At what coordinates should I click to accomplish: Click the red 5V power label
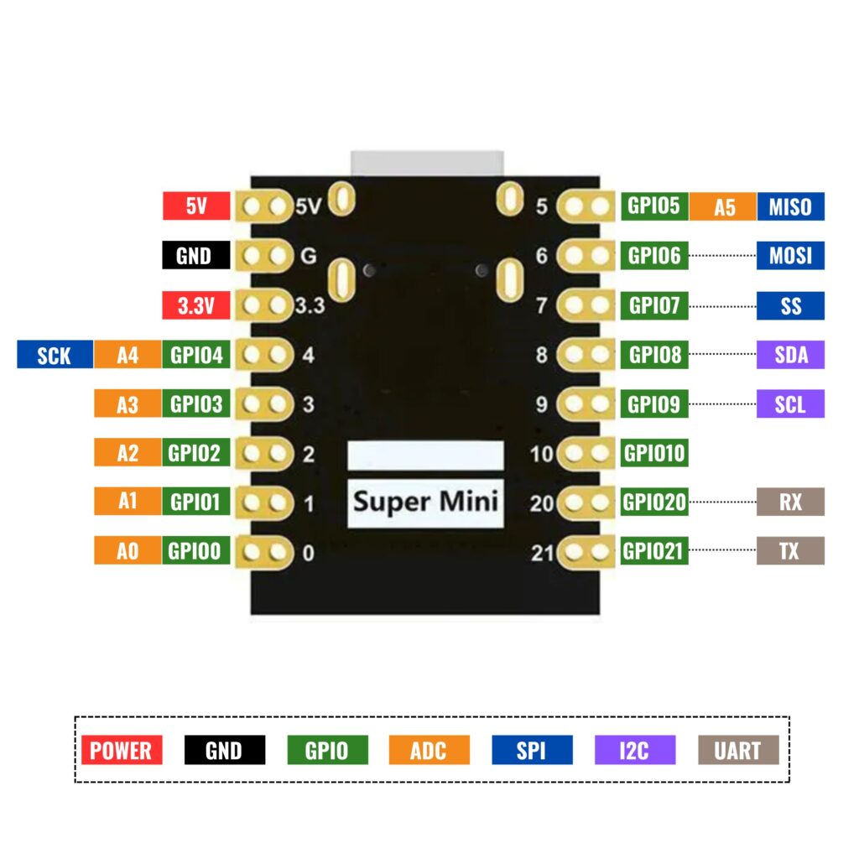pos(195,206)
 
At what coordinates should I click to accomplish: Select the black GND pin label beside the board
pos(195,255)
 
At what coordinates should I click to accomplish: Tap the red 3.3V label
pos(195,305)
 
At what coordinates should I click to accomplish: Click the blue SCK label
pos(54,356)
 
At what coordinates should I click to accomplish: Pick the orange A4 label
pos(127,356)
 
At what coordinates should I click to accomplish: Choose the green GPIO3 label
pos(196,404)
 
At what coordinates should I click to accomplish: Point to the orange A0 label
pos(127,551)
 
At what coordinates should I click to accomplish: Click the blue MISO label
pos(790,206)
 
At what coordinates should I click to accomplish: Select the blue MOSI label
pos(790,255)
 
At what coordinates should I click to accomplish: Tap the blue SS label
pos(790,305)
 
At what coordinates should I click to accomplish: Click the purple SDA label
pos(790,355)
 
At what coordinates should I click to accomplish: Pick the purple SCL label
pos(790,404)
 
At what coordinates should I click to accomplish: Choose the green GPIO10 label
pos(654,454)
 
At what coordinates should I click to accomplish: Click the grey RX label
pos(790,502)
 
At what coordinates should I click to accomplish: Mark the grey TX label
pos(790,551)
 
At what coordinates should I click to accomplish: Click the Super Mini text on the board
pos(425,502)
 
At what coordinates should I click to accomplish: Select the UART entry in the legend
pos(738,750)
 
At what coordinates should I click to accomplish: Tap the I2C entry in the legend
pos(634,750)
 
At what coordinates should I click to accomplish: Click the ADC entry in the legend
pos(429,750)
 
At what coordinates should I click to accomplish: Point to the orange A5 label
pos(722,206)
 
